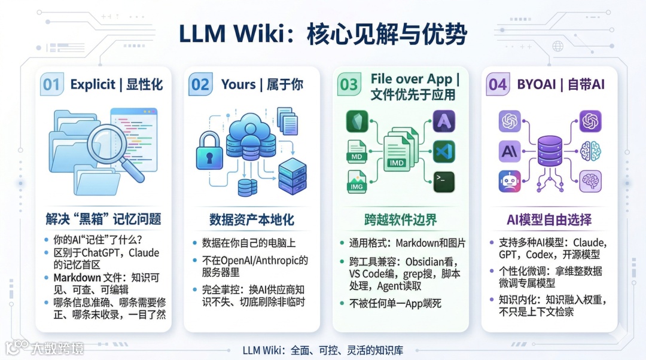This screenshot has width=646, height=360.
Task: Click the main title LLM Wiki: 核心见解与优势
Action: [x=323, y=34]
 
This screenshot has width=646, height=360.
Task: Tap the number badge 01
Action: [x=51, y=85]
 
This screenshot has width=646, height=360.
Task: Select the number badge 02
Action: [x=200, y=85]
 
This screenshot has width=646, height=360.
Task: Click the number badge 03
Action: [x=349, y=85]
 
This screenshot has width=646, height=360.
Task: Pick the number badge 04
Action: [x=497, y=85]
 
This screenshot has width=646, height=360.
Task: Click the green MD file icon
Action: [x=357, y=152]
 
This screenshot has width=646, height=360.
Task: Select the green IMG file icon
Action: [x=357, y=182]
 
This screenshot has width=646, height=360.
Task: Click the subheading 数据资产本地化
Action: [x=251, y=219]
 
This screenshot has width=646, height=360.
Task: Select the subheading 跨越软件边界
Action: [x=400, y=219]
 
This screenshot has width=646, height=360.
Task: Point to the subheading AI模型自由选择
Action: [x=549, y=219]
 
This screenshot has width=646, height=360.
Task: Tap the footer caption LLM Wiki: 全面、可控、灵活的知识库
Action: [x=323, y=350]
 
